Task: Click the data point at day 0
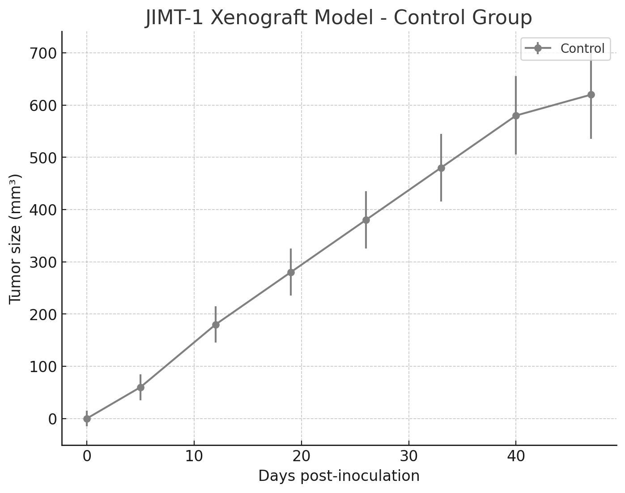(87, 419)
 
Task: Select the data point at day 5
(140, 387)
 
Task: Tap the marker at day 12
(216, 325)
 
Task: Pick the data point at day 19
(291, 272)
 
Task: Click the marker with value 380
(366, 220)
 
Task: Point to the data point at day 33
(441, 168)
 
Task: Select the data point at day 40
(516, 116)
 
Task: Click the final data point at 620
(591, 94)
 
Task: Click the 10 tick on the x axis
(194, 456)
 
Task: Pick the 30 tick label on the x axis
(408, 456)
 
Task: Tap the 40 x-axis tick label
(516, 456)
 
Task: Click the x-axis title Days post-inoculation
(339, 476)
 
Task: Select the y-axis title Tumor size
(15, 238)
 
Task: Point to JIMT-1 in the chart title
(175, 18)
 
